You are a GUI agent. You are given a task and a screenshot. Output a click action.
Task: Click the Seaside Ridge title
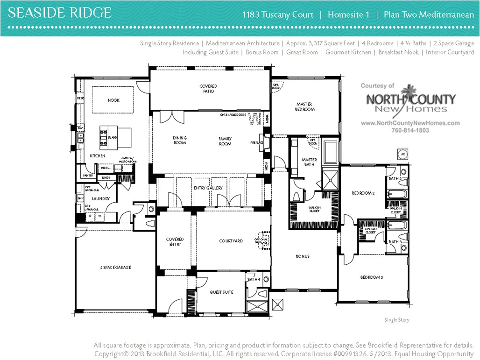[x=60, y=13]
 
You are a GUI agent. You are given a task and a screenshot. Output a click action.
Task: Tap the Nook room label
[x=113, y=100]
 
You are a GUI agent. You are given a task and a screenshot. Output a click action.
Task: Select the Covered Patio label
[x=208, y=89]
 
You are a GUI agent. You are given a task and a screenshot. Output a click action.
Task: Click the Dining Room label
[x=180, y=140]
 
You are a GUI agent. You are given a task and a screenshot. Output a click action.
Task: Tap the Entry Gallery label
[x=208, y=188]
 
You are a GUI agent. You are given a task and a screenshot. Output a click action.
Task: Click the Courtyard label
[x=231, y=241]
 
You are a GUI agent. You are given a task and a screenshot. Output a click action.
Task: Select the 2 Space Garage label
[x=115, y=268]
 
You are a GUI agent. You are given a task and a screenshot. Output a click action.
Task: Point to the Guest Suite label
[x=221, y=292]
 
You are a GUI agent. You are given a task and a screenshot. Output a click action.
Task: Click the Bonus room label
[x=302, y=256]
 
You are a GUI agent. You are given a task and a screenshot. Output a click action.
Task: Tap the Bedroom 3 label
[x=372, y=277]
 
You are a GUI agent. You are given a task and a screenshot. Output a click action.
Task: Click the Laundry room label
[x=100, y=198]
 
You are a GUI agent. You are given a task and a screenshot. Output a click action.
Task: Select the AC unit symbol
[x=402, y=154]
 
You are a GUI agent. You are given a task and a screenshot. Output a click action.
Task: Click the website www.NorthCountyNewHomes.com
[x=410, y=123]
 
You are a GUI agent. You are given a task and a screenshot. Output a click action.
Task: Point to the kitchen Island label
[x=112, y=138]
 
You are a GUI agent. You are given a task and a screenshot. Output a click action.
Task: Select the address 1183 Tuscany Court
[x=278, y=14]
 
